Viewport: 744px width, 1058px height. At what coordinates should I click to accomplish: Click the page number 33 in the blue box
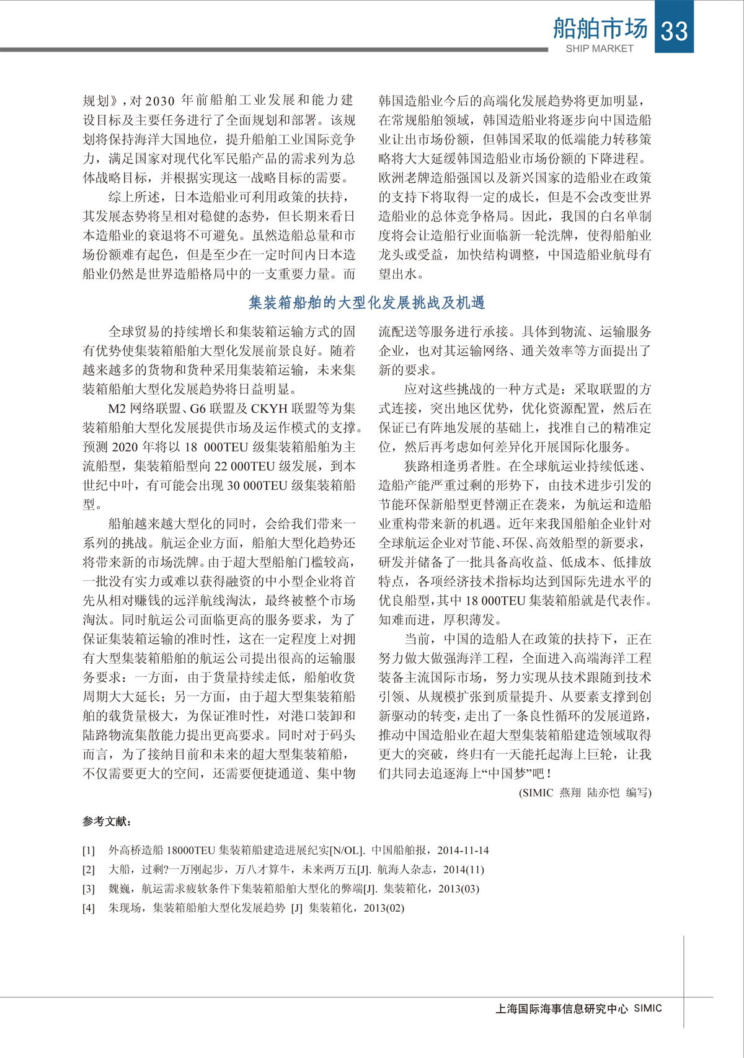(x=675, y=29)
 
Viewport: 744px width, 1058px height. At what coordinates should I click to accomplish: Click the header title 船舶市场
(x=600, y=29)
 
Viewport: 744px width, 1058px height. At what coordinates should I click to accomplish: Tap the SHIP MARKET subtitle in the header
(x=599, y=48)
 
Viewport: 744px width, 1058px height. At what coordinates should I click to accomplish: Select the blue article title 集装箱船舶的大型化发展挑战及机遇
(x=366, y=302)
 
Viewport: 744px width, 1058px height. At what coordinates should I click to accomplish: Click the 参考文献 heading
(x=107, y=822)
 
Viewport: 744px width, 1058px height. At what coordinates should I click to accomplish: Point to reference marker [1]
(x=89, y=850)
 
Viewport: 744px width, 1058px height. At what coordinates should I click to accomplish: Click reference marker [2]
(x=89, y=870)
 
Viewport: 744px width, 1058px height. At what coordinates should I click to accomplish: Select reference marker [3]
(x=89, y=889)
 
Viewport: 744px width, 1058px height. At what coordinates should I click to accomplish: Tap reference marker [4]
(x=89, y=908)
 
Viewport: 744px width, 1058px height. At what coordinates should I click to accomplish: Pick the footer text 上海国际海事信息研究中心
(x=561, y=1009)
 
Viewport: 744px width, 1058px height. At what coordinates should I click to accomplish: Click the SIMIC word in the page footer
(x=648, y=1008)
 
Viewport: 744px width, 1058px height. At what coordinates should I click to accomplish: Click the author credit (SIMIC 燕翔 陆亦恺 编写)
(x=585, y=792)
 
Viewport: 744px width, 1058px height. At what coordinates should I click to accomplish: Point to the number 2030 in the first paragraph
(x=160, y=100)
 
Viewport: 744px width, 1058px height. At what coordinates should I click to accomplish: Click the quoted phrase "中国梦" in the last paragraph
(x=505, y=774)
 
